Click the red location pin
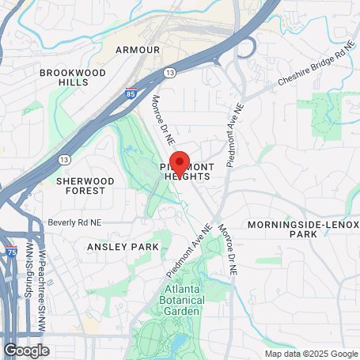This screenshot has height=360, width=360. [180, 163]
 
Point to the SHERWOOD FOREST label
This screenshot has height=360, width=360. [85, 186]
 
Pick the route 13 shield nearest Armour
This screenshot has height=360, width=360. [170, 73]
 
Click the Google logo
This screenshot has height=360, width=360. [26, 349]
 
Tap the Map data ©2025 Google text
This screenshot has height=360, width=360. [311, 354]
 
